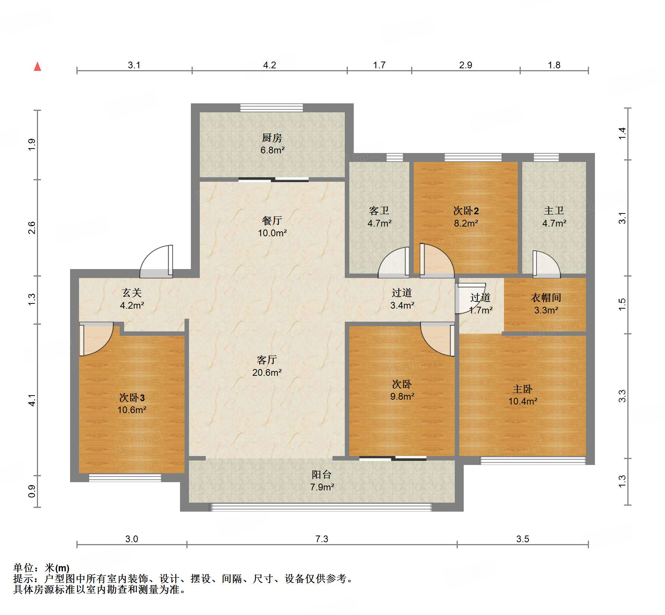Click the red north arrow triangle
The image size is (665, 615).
click(37, 66)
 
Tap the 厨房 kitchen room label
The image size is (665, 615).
click(272, 138)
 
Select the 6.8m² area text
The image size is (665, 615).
click(272, 150)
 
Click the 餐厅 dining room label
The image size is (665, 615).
click(272, 221)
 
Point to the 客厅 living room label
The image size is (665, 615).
click(267, 360)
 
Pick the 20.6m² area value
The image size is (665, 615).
click(267, 372)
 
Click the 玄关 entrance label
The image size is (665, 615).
click(132, 293)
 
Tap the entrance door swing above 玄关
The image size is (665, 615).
click(157, 261)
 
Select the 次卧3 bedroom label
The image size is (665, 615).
click(132, 397)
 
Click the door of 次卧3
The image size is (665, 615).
click(96, 339)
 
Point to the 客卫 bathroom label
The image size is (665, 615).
click(379, 211)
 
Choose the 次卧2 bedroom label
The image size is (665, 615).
click(466, 211)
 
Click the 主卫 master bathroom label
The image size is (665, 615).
click(554, 211)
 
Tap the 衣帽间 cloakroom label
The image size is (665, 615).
click(546, 298)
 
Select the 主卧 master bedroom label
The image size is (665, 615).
click(523, 389)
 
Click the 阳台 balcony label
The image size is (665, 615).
click(322, 475)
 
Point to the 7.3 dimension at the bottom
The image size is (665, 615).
click(322, 539)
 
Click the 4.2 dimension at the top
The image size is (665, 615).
click(270, 65)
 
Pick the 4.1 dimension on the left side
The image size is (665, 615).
click(32, 400)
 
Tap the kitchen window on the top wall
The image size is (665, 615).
click(272, 108)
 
